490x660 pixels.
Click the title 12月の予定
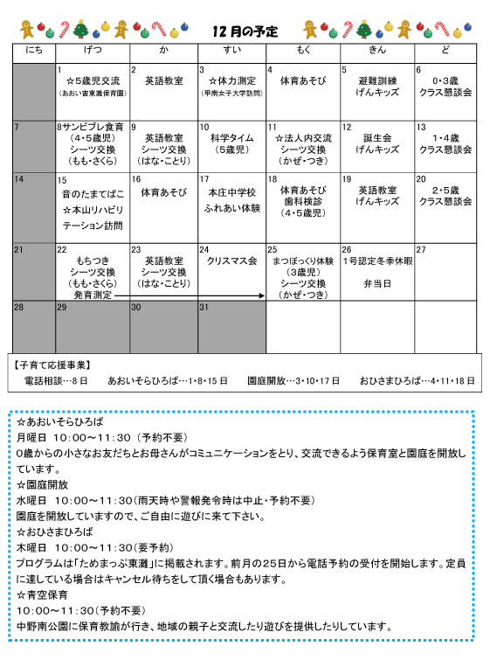(245, 31)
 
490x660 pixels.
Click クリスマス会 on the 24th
(231, 261)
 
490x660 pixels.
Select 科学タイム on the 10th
(231, 138)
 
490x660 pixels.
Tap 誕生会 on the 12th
(377, 138)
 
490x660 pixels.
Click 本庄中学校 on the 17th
(231, 191)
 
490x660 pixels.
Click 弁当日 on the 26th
(376, 284)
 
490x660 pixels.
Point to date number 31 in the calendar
(205, 308)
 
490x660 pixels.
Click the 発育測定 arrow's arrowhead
(261, 296)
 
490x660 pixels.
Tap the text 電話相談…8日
(58, 381)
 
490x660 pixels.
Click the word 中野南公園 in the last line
(44, 627)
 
